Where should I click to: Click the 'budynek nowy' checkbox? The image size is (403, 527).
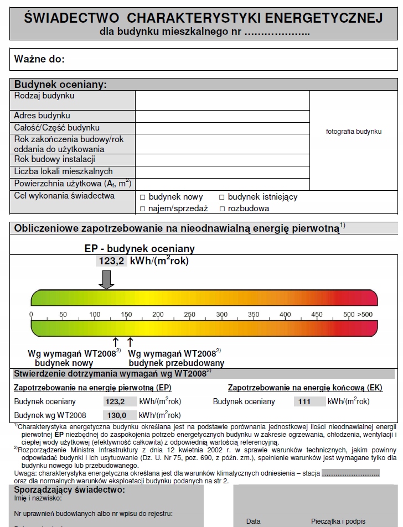tap(142, 197)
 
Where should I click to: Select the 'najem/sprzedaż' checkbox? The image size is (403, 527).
tap(142, 209)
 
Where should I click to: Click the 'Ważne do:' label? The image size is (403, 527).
tap(39, 59)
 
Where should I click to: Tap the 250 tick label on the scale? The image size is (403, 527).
tap(190, 315)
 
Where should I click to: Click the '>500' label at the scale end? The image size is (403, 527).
tap(365, 315)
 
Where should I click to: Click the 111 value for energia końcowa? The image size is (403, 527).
tap(304, 402)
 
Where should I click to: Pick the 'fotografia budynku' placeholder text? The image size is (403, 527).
tap(354, 132)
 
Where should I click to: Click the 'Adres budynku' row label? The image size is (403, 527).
tap(42, 116)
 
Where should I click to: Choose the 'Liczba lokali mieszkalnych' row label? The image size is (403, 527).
tap(64, 171)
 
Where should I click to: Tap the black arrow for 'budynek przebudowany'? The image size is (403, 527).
tap(131, 342)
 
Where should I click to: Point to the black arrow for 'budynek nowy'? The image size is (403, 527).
tap(116, 342)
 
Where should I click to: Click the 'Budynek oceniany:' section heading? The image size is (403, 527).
tap(60, 85)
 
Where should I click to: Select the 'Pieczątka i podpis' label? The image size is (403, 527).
tap(338, 521)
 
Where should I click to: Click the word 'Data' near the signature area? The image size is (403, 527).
tap(254, 521)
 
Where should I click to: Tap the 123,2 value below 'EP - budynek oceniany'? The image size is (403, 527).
tap(111, 261)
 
